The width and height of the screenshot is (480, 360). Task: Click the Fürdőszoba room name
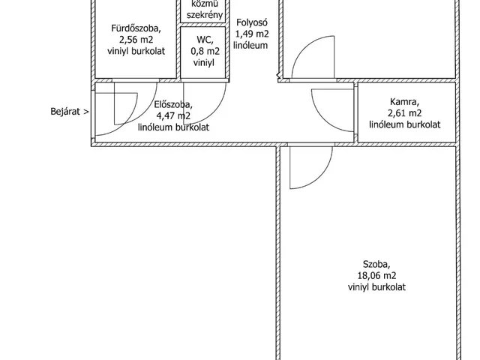pos(136,28)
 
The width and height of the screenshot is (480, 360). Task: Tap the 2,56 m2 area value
pos(136,40)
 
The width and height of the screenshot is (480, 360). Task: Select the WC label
pos(205,40)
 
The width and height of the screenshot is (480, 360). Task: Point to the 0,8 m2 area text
pos(205,51)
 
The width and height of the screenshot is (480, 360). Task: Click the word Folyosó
pos(252,22)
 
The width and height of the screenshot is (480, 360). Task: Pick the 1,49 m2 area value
pos(252,34)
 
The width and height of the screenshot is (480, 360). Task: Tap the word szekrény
pos(205,15)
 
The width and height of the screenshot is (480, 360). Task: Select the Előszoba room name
pos(173,105)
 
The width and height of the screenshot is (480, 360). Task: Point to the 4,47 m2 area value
pos(173,115)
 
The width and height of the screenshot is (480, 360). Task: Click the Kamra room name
pos(404,102)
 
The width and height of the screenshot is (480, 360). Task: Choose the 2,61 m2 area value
pos(404,113)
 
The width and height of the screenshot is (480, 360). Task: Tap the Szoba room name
pos(376,264)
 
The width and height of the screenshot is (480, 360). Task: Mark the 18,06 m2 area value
pos(376,275)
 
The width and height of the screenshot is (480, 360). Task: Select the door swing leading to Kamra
pos(322,119)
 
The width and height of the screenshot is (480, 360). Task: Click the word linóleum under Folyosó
pos(250,45)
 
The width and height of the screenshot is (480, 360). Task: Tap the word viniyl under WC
pos(204,62)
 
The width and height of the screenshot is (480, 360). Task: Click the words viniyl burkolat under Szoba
pos(376,286)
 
